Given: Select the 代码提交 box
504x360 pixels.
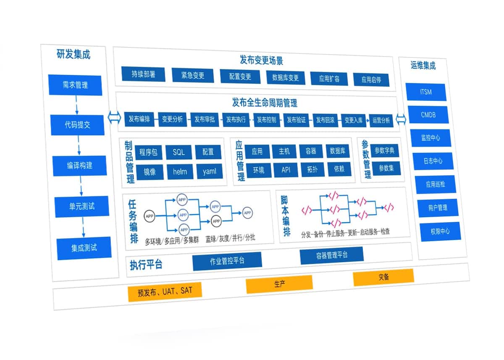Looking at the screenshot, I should (78, 125).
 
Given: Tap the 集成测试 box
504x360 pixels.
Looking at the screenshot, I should (84, 247).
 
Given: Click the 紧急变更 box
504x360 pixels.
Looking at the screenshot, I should (193, 76).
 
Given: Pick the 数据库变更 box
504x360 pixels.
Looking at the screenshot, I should (286, 77).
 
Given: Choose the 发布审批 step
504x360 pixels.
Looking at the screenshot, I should (205, 119).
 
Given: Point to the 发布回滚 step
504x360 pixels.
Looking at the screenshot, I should (325, 120).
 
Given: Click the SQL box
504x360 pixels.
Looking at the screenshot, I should (178, 152).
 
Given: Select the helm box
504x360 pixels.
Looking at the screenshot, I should (180, 171).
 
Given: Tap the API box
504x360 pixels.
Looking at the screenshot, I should (286, 170).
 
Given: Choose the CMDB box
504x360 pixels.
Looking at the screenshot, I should (428, 114).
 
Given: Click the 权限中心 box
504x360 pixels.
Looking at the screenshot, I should (440, 231).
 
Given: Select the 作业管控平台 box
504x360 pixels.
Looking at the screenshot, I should (227, 261).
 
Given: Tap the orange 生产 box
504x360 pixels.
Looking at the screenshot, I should (279, 284).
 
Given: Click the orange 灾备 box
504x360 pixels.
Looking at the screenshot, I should (383, 277).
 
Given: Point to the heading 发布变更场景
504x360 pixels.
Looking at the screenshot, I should (255, 60).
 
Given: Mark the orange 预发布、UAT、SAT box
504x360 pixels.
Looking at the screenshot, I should (165, 291).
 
